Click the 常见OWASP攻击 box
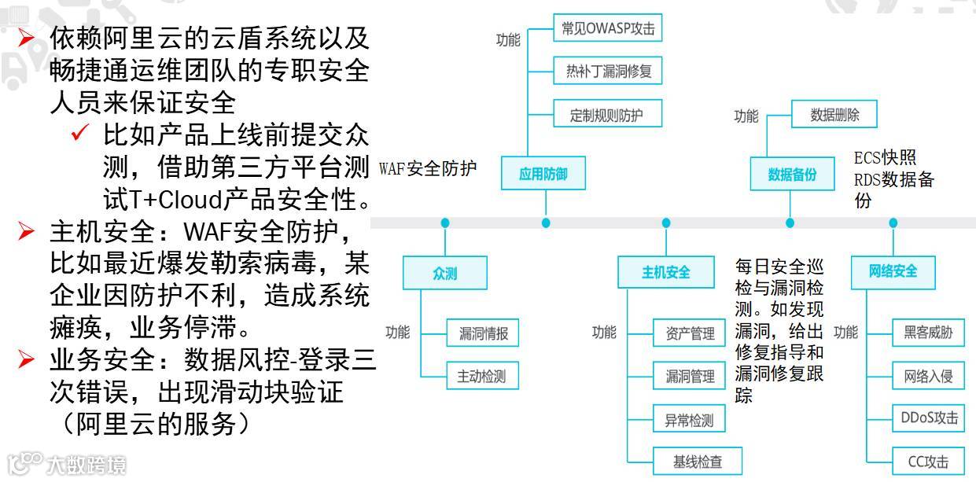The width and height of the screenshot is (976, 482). pyautogui.click(x=608, y=29)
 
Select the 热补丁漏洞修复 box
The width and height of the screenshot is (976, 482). pyautogui.click(x=608, y=72)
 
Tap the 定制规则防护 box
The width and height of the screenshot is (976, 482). pyautogui.click(x=606, y=115)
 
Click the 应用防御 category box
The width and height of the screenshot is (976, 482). pyautogui.click(x=543, y=174)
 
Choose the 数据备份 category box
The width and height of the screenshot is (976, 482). pyautogui.click(x=792, y=174)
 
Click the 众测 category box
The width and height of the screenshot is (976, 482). pyautogui.click(x=444, y=273)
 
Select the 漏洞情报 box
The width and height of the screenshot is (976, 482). pyautogui.click(x=484, y=333)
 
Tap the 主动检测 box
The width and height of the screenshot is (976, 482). pyautogui.click(x=482, y=375)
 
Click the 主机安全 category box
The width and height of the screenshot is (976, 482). pyautogui.click(x=666, y=273)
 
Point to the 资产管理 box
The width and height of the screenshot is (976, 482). pyautogui.click(x=690, y=333)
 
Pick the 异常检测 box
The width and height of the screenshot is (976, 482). pyautogui.click(x=690, y=419)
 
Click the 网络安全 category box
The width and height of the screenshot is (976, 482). pyautogui.click(x=893, y=272)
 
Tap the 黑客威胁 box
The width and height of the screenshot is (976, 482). pyautogui.click(x=928, y=333)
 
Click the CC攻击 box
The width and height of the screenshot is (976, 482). pyautogui.click(x=928, y=462)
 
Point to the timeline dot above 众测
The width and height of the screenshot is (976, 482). pyautogui.click(x=445, y=223)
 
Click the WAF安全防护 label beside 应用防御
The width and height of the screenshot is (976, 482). pyautogui.click(x=427, y=169)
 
